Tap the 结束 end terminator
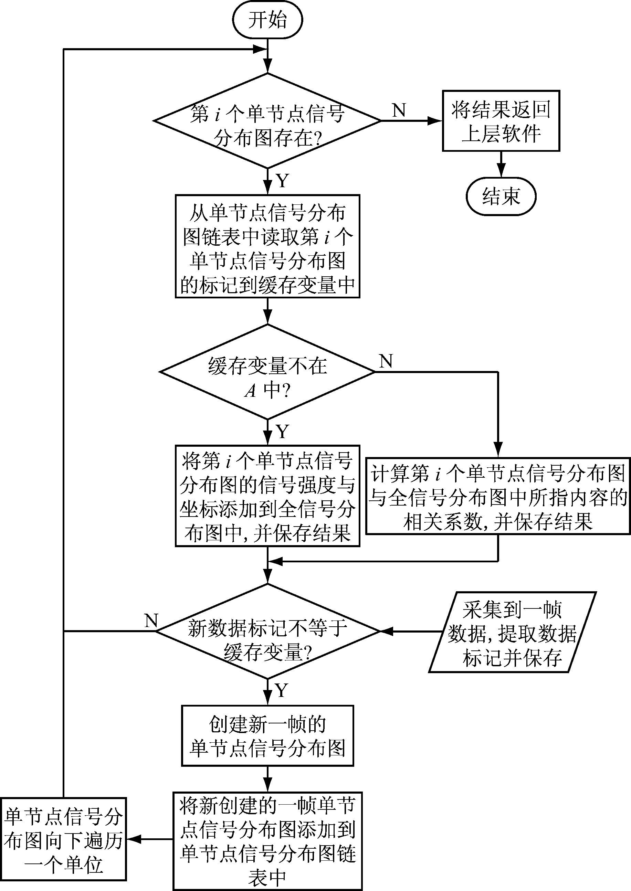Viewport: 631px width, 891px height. pyautogui.click(x=501, y=196)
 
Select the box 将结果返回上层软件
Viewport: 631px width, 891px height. pyautogui.click(x=501, y=121)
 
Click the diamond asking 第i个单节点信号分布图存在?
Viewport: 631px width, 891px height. pyautogui.click(x=267, y=121)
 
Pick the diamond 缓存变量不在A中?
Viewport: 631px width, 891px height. pyautogui.click(x=267, y=372)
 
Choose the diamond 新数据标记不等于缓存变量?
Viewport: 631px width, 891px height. pyautogui.click(x=267, y=632)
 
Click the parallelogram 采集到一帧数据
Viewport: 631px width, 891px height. pyautogui.click(x=512, y=632)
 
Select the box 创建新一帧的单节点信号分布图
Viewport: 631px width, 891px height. pyautogui.click(x=267, y=736)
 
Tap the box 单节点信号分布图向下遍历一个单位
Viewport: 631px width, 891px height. pyautogui.click(x=63, y=839)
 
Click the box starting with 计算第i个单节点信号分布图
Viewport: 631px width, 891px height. pyautogui.click(x=498, y=496)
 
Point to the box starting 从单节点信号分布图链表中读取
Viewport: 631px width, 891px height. pyautogui.click(x=267, y=246)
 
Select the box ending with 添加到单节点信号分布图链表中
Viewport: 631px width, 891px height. pyautogui.click(x=267, y=840)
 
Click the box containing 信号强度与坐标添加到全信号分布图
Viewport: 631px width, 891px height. pyautogui.click(x=267, y=496)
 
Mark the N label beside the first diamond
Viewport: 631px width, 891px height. pyautogui.click(x=399, y=110)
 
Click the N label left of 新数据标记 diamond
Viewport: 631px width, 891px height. pyautogui.click(x=151, y=620)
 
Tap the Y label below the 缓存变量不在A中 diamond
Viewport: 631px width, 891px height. pyautogui.click(x=283, y=432)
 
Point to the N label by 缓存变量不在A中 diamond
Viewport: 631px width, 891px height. pyautogui.click(x=386, y=361)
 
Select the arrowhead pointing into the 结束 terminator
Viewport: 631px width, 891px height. pyautogui.click(x=501, y=171)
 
